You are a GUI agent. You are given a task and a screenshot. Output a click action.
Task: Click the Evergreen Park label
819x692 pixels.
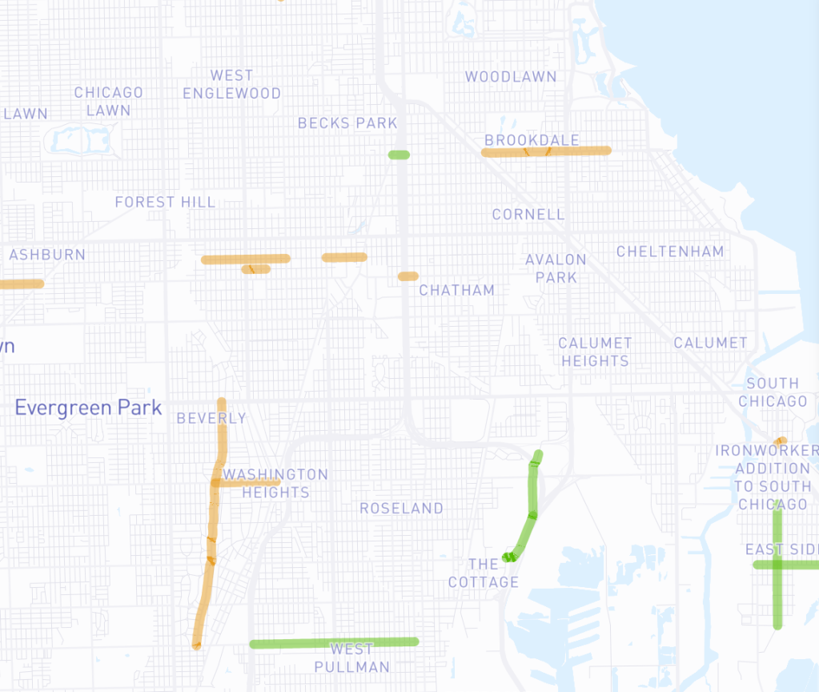[88, 408]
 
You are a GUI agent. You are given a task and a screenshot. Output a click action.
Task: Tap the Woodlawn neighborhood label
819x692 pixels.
[511, 77]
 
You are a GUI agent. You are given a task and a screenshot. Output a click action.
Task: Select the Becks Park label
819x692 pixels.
[347, 123]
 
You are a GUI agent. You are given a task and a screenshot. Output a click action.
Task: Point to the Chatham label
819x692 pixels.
[456, 290]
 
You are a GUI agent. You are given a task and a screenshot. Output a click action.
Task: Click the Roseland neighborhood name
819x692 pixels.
[401, 509]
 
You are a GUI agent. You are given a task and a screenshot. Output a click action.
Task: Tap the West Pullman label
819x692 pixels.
[351, 658]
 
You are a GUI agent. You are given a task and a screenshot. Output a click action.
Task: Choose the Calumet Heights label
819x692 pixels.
[595, 352]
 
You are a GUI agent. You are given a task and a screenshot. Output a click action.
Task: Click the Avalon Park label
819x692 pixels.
[556, 268]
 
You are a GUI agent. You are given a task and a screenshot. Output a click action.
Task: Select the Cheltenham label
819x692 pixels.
[670, 251]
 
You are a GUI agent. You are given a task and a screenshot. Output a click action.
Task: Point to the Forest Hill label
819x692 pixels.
[165, 202]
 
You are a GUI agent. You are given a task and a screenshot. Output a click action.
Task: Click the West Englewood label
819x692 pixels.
[231, 84]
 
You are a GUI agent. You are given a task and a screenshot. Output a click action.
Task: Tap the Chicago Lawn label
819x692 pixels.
[108, 102]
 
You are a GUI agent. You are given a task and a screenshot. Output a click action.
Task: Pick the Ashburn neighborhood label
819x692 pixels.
[47, 255]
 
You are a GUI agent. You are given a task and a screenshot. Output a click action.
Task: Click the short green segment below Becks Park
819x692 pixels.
[399, 155]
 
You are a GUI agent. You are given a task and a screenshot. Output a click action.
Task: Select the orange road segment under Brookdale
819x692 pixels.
[547, 151]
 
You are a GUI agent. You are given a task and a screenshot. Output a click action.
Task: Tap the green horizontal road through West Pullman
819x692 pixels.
[333, 642]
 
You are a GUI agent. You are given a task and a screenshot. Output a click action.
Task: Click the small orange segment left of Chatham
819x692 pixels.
[408, 276]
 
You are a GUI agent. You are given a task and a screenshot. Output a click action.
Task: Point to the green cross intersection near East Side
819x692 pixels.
[777, 565]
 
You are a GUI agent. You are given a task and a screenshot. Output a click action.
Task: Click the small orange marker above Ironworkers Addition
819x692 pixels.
[781, 441]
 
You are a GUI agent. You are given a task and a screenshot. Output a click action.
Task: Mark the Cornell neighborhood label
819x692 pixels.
[528, 215]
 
